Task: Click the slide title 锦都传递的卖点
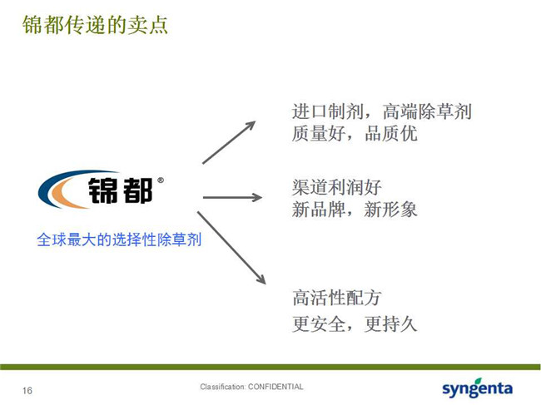click(95, 25)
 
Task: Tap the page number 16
click(27, 391)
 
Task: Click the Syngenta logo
click(477, 388)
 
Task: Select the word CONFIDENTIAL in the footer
click(275, 387)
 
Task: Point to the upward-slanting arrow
click(229, 142)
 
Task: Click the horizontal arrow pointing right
click(232, 197)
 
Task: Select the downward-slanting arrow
click(231, 248)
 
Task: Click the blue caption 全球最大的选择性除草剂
click(119, 240)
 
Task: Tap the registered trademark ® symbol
click(161, 180)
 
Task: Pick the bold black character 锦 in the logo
click(103, 190)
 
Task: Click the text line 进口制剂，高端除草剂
click(381, 111)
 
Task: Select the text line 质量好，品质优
click(355, 133)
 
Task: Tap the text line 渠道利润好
click(337, 187)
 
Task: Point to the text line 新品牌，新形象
click(355, 210)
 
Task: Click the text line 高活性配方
click(337, 298)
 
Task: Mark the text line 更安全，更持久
click(355, 324)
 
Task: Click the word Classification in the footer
click(222, 387)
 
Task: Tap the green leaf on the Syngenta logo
click(479, 381)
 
